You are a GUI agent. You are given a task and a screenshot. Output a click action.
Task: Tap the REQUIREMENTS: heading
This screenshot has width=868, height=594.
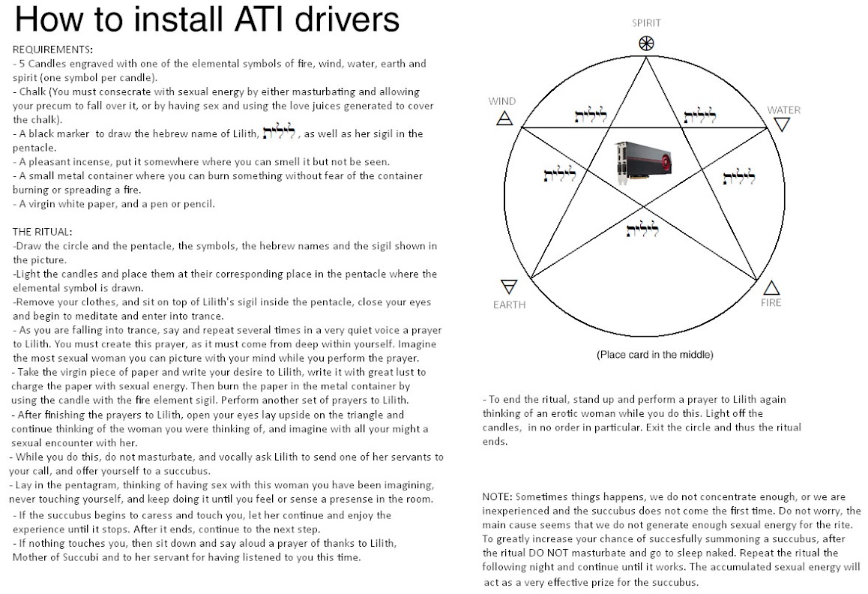point(52,50)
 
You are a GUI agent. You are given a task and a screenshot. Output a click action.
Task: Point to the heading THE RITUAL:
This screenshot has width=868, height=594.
point(43,232)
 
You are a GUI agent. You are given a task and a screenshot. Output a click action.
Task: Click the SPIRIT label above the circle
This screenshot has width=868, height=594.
point(646,23)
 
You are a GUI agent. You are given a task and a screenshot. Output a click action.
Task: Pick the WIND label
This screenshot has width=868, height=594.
point(502,101)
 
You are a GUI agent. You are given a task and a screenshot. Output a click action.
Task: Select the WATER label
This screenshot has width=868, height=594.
point(783,110)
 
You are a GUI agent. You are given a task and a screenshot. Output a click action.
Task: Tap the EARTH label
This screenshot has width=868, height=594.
point(509,304)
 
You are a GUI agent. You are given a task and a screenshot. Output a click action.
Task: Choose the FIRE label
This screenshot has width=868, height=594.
point(771,303)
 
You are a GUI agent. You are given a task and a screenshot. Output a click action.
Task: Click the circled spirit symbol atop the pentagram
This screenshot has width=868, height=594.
point(646,43)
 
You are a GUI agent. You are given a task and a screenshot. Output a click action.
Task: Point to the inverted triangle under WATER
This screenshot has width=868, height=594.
point(782,124)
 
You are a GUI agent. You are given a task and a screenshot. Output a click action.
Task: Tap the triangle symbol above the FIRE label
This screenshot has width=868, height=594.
point(771,288)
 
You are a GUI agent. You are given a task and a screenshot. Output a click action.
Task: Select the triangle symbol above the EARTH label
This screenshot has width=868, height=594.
point(509,287)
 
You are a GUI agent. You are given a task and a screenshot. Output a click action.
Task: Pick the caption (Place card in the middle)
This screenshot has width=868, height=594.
point(654,354)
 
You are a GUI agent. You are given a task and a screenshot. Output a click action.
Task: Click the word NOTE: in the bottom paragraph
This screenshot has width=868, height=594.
point(498,497)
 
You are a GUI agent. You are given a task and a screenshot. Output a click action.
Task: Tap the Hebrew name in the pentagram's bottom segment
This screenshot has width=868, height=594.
point(642,229)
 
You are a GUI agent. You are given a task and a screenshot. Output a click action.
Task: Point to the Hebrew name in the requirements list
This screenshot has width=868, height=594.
point(277,132)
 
